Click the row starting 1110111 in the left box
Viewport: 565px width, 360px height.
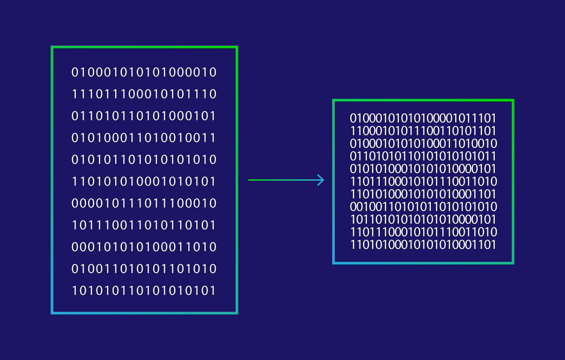point(144,94)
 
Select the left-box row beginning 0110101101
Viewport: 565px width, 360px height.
point(143,116)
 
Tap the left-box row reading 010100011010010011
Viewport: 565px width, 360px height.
point(143,138)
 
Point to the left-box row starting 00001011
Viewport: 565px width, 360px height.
point(144,203)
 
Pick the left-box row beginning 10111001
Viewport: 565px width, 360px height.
point(144,225)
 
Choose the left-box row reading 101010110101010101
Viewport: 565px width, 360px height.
point(144,290)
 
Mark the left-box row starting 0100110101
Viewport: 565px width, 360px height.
point(144,269)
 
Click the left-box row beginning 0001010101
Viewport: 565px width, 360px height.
point(144,247)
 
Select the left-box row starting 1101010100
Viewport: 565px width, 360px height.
point(144,181)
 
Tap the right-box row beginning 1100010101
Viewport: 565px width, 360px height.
point(423,131)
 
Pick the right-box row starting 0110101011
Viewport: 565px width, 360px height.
point(423,156)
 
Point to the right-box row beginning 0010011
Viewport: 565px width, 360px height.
point(423,207)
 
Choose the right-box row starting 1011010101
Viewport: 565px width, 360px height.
point(423,219)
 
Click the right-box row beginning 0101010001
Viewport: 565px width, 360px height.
point(423,169)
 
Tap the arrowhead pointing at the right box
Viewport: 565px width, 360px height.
point(321,180)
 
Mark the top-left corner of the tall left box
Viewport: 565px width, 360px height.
point(52,47)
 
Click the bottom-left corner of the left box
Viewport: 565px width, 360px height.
point(52,313)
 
